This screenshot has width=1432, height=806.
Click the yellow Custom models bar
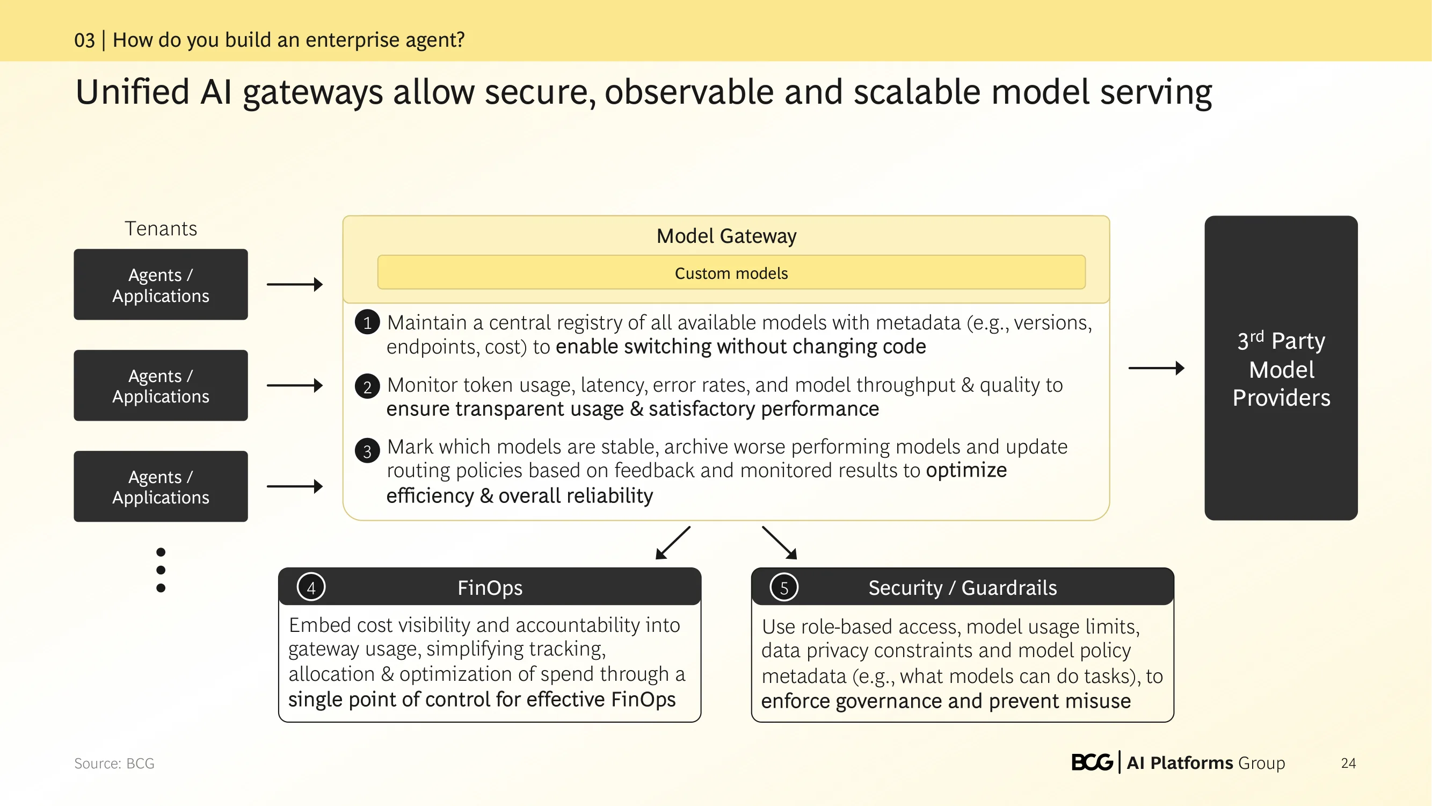pos(731,272)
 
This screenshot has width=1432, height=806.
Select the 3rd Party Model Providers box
pos(1281,368)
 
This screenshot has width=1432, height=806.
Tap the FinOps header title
pos(490,587)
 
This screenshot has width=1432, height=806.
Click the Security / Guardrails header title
pos(962,587)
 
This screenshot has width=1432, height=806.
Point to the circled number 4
pos(311,587)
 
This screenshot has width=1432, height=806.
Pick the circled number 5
pos(784,587)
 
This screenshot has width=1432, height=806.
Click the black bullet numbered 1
pos(367,322)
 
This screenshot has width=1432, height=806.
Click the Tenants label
pos(161,228)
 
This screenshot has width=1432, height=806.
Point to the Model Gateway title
pos(726,236)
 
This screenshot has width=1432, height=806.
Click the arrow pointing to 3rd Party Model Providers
pos(1156,368)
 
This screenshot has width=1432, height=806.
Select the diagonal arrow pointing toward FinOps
pos(673,542)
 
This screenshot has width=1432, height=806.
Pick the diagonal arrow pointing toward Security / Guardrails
pos(780,542)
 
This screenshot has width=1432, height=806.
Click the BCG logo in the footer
pos(1092,762)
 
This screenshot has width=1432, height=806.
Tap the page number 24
pos(1348,763)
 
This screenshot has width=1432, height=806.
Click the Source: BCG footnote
pos(114,763)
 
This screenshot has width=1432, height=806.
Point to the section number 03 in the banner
pos(84,40)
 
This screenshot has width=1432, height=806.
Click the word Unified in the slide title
pos(132,92)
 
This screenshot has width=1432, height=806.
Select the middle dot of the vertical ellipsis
pos(161,570)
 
